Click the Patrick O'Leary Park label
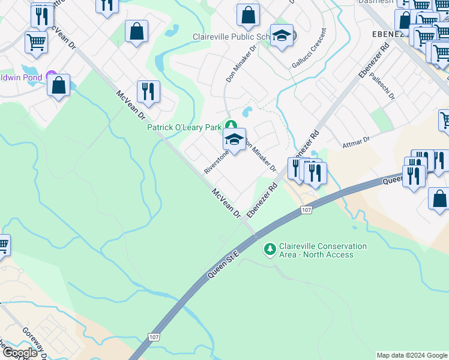(184, 127)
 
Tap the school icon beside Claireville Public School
(282, 35)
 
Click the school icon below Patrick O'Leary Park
(234, 140)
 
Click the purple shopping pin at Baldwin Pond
(52, 77)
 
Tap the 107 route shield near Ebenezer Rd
(306, 209)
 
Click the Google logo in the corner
(19, 353)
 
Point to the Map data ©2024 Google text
(411, 355)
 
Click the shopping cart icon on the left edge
(3, 245)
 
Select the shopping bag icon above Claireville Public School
(248, 14)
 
